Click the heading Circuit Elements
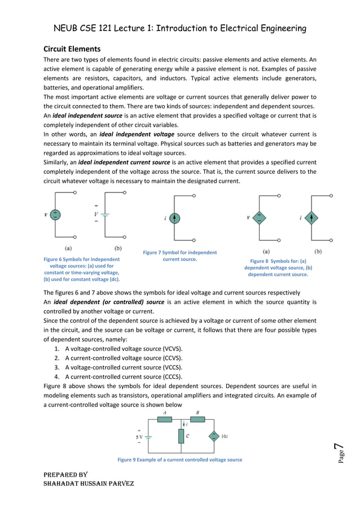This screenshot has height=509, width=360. pyautogui.click(x=72, y=49)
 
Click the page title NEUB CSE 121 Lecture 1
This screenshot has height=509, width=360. pyautogui.click(x=180, y=28)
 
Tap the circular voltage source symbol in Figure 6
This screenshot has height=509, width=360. pyautogui.click(x=55, y=214)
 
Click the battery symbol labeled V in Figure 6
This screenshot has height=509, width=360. pyautogui.click(x=105, y=214)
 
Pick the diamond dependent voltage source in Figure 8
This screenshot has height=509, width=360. pyautogui.click(x=259, y=217)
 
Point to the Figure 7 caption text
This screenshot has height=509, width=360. pyautogui.click(x=179, y=256)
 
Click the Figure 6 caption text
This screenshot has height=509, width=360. pyautogui.click(x=81, y=269)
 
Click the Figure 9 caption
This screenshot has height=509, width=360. pyautogui.click(x=179, y=460)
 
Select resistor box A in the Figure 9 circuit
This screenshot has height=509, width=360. pyautogui.click(x=164, y=420)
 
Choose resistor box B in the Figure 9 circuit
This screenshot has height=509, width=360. pyautogui.click(x=197, y=420)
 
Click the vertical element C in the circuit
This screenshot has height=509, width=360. pyautogui.click(x=181, y=436)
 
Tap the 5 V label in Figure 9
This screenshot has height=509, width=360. pyautogui.click(x=139, y=436)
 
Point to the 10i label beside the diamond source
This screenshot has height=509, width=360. pyautogui.click(x=224, y=436)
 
